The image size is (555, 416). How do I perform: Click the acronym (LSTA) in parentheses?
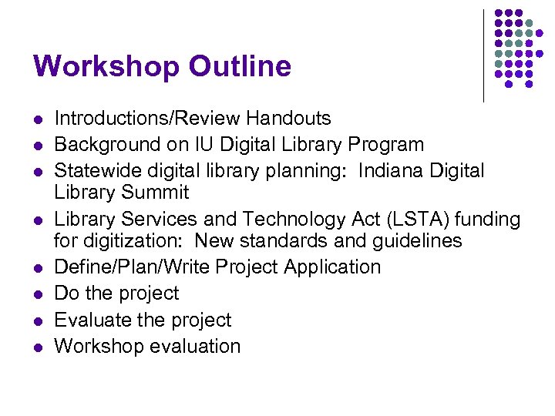pos(393,220)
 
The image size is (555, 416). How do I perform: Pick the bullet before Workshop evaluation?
pos(37,347)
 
